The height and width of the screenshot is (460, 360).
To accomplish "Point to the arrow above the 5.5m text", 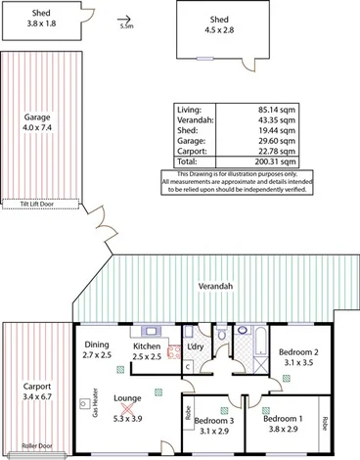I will pos(125,18).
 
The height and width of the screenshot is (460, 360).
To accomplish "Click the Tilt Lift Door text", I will pos(37,205).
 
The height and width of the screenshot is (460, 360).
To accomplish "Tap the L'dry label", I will pos(195,347).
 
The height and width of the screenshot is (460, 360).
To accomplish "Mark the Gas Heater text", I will pos(95,401).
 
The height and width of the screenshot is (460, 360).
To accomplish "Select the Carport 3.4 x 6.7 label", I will pos(36,391).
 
